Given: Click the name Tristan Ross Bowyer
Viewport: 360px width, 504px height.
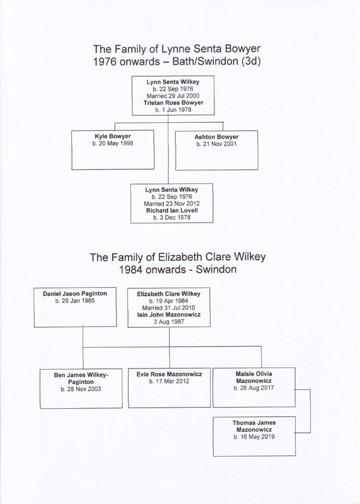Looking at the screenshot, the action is point(173,103).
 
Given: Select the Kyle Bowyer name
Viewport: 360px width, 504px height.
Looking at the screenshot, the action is point(113,136).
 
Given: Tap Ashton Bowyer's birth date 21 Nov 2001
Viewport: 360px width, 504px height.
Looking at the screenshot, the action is point(216,144).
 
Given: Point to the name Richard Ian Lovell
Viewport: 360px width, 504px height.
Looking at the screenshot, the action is point(171,210).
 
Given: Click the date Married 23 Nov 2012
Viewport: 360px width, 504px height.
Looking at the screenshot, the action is point(171,203).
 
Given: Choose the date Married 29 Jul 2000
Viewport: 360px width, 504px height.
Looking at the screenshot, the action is point(173,96).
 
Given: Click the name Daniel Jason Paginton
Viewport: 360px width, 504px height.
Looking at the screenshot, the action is point(75,294).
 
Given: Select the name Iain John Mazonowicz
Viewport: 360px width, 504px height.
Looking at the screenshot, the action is point(169,314).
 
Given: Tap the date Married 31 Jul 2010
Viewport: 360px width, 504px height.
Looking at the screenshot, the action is point(168,307).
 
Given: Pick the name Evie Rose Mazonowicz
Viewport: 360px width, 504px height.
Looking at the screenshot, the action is point(169,374).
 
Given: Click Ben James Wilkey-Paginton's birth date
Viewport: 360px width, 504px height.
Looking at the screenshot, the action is point(81,389).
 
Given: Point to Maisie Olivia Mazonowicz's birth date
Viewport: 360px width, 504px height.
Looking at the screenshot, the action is point(254,388).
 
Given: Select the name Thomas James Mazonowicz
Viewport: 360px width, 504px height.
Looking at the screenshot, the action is point(254,427).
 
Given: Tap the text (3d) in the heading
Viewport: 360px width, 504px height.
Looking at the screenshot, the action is point(251,61).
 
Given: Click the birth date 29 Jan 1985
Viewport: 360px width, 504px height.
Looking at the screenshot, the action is point(75,301).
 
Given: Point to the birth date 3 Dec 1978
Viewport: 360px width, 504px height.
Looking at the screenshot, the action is point(171,217).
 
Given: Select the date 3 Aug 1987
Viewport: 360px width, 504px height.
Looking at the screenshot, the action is point(169,322).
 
